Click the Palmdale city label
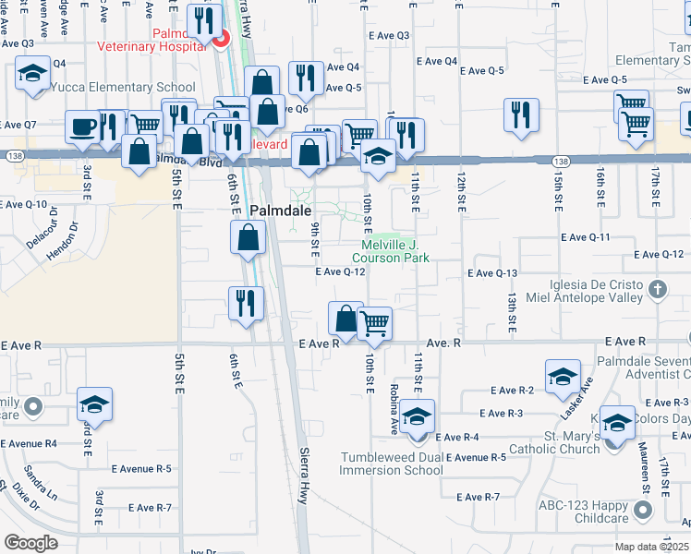point(267,210)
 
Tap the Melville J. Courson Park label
point(394,250)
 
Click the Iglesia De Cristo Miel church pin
point(657,290)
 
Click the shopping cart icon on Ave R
point(375,322)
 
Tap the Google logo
point(31,543)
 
